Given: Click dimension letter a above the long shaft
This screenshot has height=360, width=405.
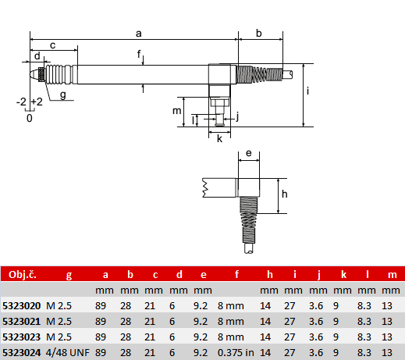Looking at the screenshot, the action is coord(139,34).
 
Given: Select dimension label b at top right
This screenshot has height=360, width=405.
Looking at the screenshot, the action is coord(259,34).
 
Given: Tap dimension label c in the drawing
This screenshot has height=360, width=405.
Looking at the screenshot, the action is coord(53,45).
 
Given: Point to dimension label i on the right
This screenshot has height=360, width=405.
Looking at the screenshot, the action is coord(308,91).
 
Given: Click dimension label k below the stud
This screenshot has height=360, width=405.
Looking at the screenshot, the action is coord(220,139).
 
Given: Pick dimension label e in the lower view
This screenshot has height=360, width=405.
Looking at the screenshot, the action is coord(249,153).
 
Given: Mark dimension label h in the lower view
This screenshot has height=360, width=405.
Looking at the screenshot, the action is coord(285,194).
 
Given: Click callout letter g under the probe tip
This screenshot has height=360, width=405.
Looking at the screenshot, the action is coord(63,95).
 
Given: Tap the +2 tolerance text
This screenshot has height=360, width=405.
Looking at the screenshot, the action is coord(37,102).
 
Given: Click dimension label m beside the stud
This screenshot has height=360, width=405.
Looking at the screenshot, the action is coord(177,111).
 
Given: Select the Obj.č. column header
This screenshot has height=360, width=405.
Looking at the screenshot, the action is coord(23,275).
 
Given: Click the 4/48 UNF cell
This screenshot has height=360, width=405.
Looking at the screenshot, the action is coord(68,353).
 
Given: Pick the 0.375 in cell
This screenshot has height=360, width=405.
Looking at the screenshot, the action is coord(236,353).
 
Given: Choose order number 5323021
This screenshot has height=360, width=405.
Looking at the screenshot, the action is coord(22,322).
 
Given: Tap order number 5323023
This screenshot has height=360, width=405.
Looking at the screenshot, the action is coord(22,337).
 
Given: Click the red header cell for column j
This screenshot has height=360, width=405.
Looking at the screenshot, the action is coord(319,275).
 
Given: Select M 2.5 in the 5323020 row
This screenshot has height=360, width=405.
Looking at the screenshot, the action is coord(59,306).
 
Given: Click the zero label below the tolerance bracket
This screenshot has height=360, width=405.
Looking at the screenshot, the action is coord(30,118).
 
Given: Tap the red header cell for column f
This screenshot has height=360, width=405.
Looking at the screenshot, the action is coord(236,274).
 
